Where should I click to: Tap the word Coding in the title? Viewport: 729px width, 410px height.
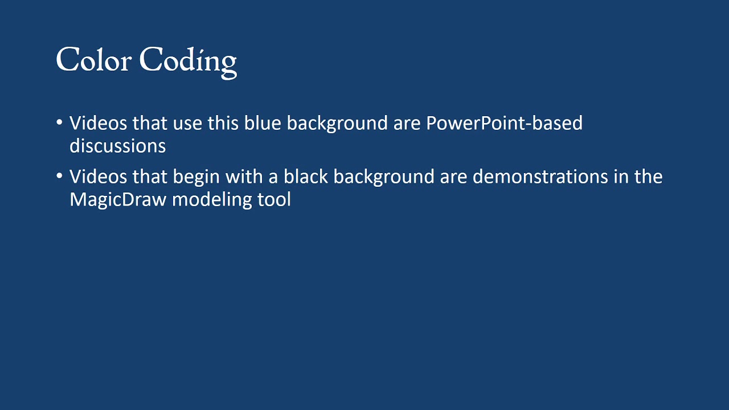(x=188, y=61)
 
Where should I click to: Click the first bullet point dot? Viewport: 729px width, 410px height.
(x=60, y=122)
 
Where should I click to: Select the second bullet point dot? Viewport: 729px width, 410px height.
(x=60, y=176)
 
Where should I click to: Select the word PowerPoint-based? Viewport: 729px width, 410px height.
(x=504, y=123)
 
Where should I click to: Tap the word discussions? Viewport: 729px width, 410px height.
(x=117, y=146)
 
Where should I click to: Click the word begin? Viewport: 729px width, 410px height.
(x=196, y=177)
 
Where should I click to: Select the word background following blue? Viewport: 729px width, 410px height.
(x=337, y=124)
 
